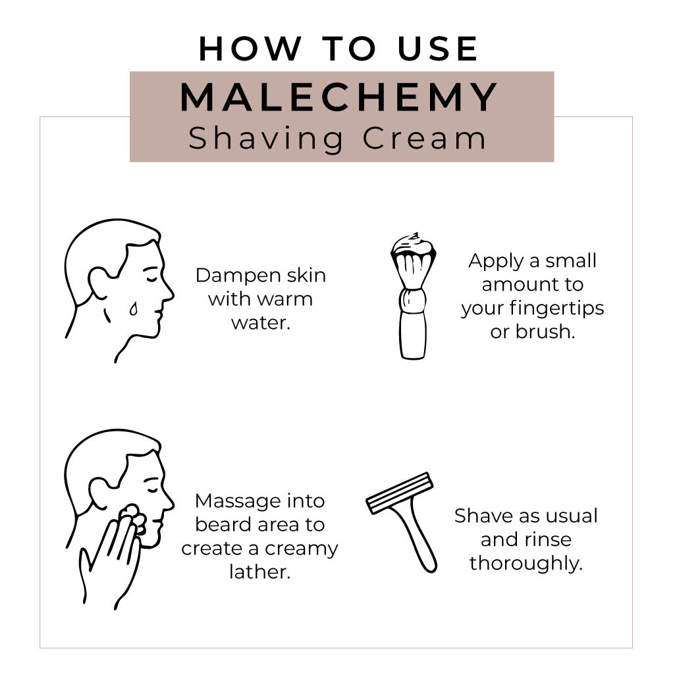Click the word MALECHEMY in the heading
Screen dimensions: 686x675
[x=339, y=97]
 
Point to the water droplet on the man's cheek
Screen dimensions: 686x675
[x=134, y=308]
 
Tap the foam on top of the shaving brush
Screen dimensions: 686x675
[x=413, y=244]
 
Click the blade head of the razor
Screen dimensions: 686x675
[x=400, y=493]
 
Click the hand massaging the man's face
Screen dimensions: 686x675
[x=112, y=559]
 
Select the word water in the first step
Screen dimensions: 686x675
[x=260, y=323]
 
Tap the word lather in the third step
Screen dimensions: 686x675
[x=259, y=572]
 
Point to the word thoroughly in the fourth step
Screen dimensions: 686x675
[x=526, y=563]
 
